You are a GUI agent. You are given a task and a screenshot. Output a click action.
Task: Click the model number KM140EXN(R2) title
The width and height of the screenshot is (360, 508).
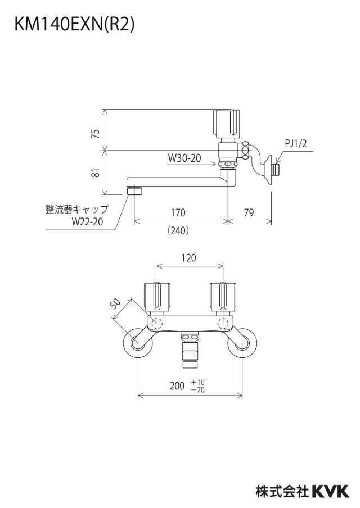[x=74, y=24]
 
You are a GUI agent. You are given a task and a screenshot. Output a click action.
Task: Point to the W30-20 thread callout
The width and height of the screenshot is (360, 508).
[x=184, y=158]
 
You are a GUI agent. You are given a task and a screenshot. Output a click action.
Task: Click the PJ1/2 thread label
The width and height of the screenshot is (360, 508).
[x=296, y=143]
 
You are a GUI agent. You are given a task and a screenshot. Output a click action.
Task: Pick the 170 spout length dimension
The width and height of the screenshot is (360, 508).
[x=178, y=212]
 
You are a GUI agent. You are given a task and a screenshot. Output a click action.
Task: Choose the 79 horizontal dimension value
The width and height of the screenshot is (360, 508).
[x=249, y=212]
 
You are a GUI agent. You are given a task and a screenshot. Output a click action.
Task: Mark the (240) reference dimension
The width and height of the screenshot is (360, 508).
[x=178, y=230]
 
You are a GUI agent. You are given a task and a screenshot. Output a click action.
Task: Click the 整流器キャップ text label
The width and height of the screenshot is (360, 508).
[x=76, y=209]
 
